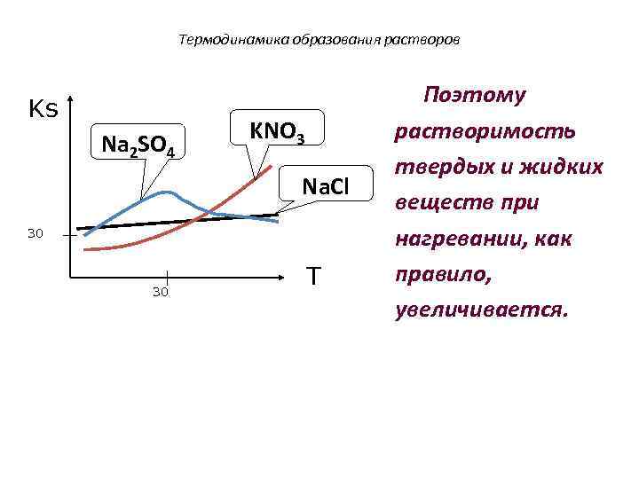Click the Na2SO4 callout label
tap(138, 142)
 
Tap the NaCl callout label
tap(326, 186)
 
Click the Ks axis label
tap(43, 109)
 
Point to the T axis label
tap(313, 277)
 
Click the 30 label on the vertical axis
tap(35, 234)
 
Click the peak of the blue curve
tap(165, 192)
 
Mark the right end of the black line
tap(277, 215)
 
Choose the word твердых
tap(435, 168)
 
